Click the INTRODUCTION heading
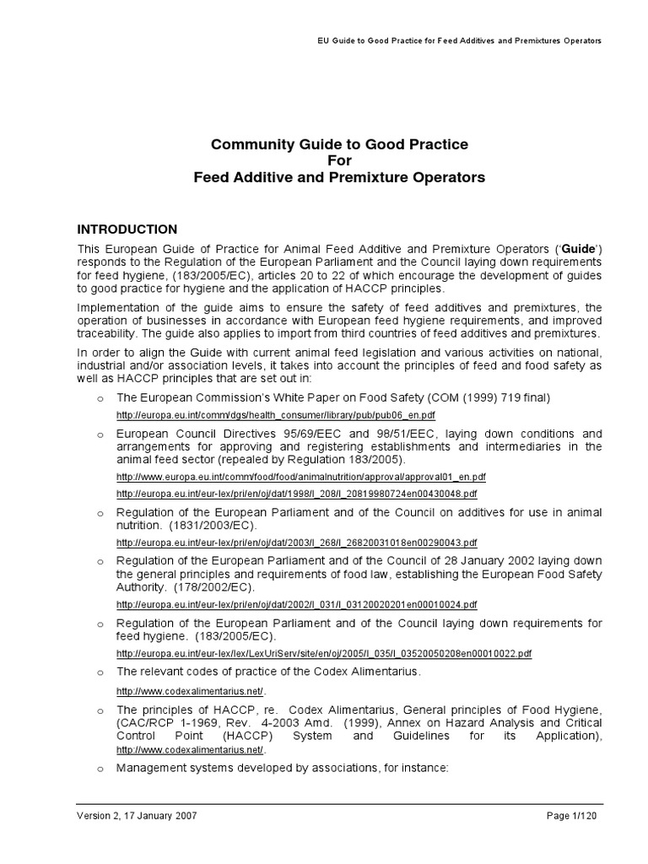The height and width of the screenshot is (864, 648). (127, 229)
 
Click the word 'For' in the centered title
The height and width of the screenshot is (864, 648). (338, 161)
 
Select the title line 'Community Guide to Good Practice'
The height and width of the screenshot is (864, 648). (338, 145)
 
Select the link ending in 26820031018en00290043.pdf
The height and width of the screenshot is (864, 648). (297, 543)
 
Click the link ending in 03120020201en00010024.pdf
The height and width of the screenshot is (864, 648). (297, 604)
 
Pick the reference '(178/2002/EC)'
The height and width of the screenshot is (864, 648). (212, 587)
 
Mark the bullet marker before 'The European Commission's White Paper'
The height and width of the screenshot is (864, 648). (100, 398)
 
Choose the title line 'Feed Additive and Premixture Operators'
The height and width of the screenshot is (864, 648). (338, 178)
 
